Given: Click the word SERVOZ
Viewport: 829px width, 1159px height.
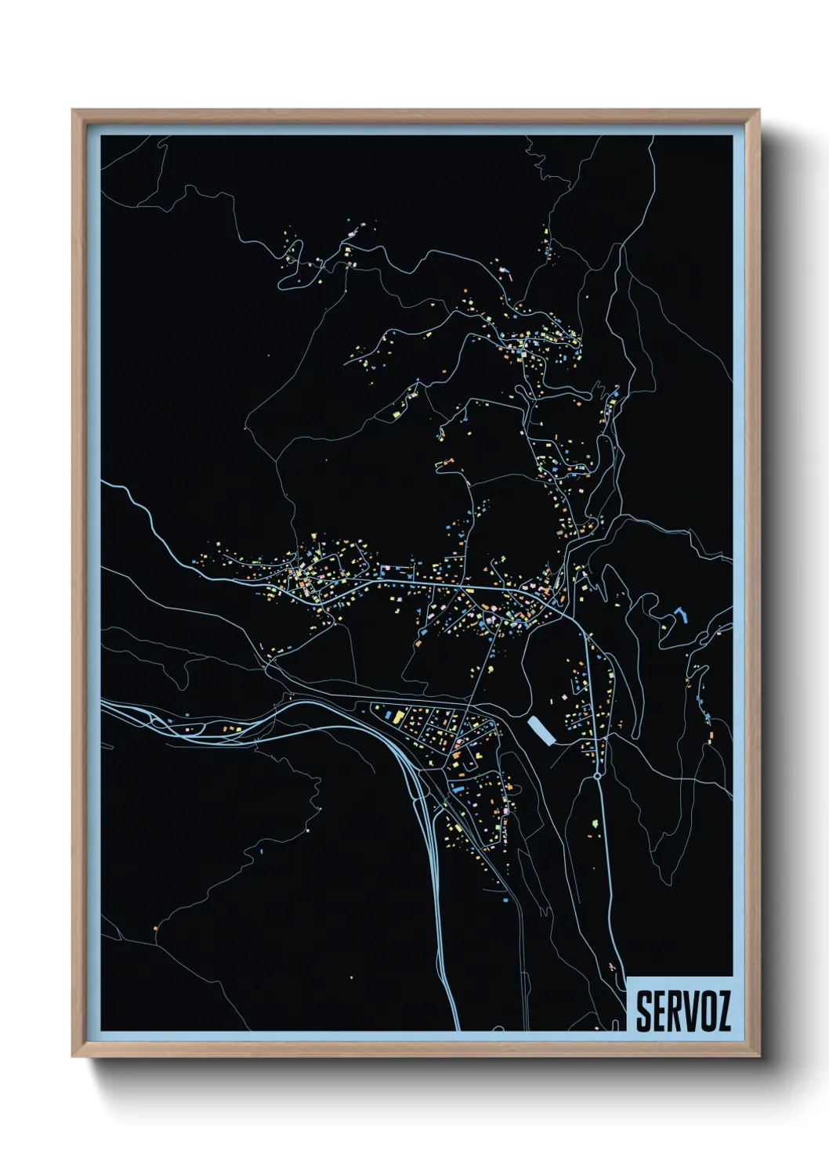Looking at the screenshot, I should click(x=682, y=1011).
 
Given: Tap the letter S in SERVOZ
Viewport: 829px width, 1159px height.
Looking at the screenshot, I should click(x=643, y=1012).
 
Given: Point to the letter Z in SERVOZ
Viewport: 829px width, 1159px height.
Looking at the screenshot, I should click(x=722, y=1012).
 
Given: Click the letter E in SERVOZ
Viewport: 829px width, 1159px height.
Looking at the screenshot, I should click(x=658, y=1012).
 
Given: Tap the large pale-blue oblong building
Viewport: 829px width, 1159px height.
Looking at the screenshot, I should click(x=541, y=731).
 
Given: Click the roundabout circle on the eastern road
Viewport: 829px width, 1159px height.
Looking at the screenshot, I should click(x=598, y=775).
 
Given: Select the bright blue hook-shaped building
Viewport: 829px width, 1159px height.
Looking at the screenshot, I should click(x=681, y=613).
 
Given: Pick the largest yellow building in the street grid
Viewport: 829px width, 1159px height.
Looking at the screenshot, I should click(x=398, y=716).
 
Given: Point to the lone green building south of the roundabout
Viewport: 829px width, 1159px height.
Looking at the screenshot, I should click(x=597, y=822).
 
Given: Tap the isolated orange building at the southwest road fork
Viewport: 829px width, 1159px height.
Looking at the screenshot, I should click(x=156, y=929).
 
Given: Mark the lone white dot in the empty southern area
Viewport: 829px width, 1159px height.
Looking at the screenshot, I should click(x=351, y=977).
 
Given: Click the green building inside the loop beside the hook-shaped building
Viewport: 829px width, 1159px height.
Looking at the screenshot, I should click(x=664, y=626).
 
